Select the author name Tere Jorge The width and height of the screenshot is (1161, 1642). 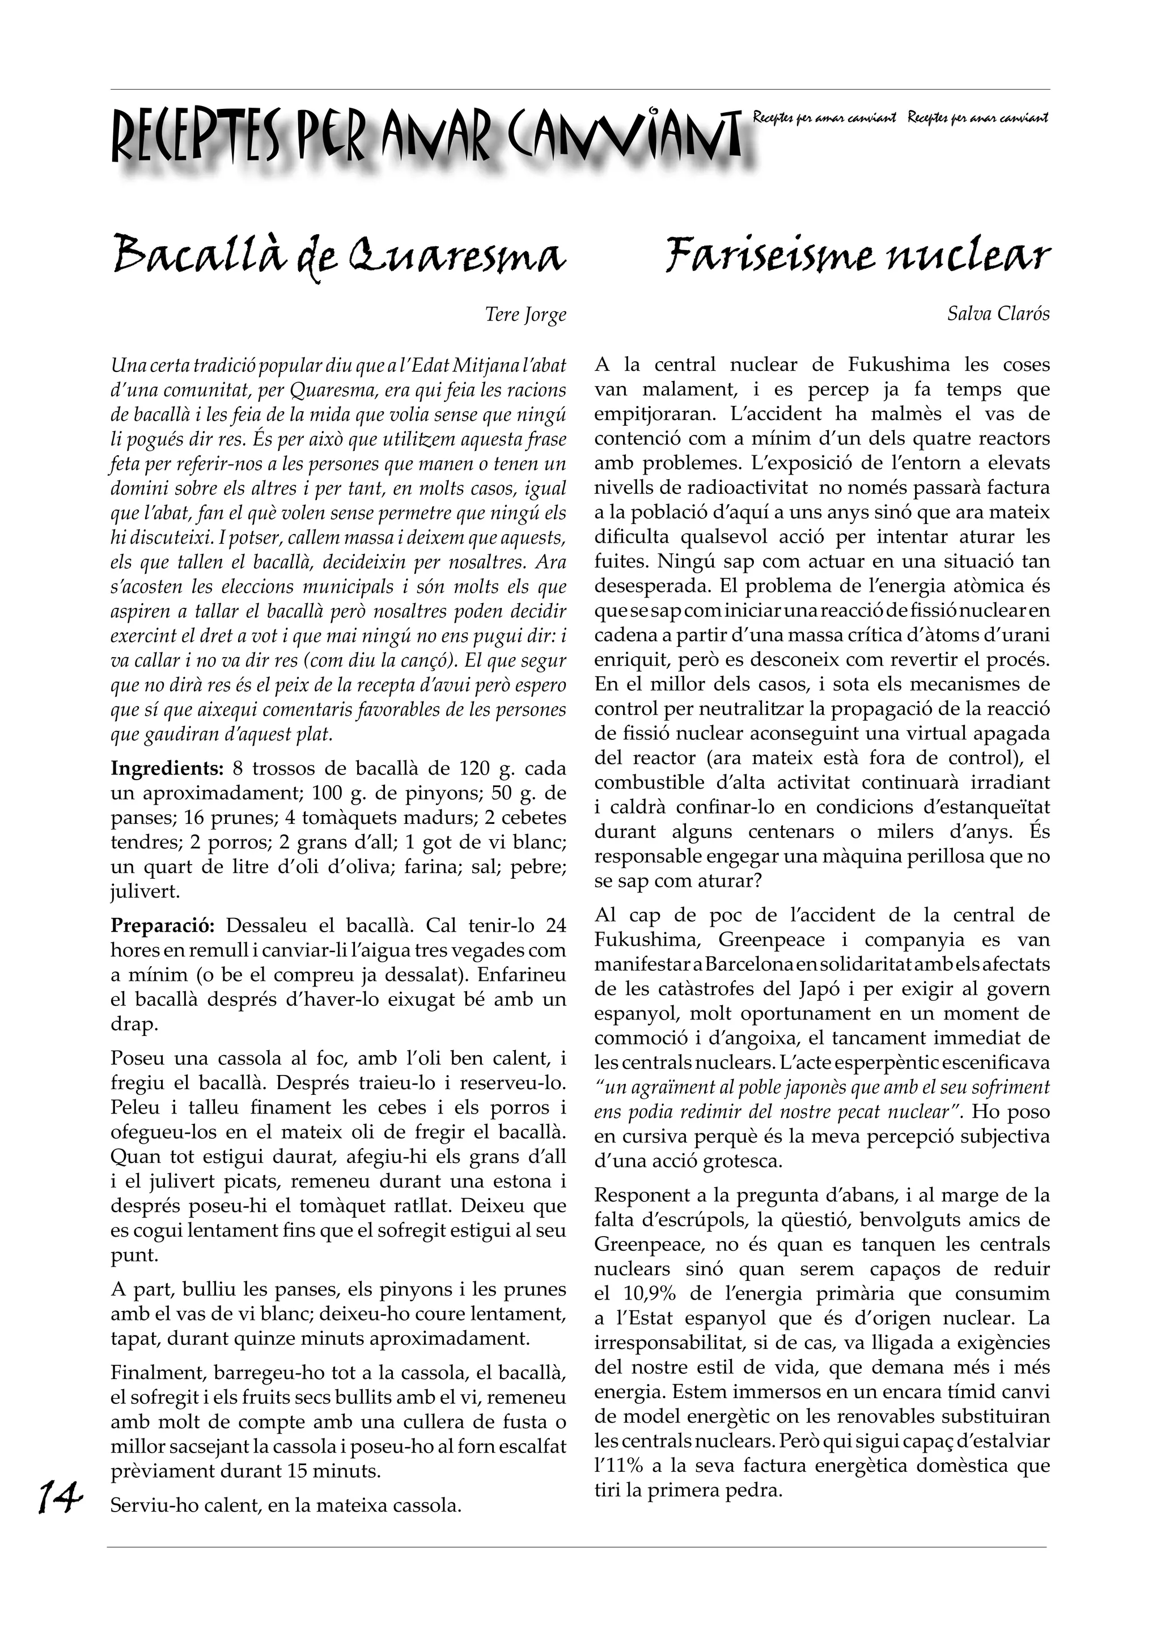pos(526,315)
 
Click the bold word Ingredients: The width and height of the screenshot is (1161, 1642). pos(167,769)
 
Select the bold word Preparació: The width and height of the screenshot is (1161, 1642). pos(163,925)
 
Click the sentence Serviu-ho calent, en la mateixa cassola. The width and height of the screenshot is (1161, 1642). pos(286,1505)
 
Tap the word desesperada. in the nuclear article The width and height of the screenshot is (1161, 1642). pos(643,586)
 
